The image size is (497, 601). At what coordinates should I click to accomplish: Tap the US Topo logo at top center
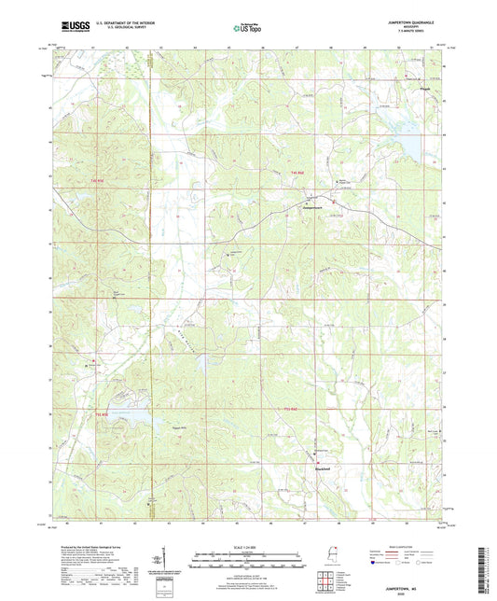pos(247,29)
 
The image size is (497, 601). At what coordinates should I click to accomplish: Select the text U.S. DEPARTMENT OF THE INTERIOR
pos(127,24)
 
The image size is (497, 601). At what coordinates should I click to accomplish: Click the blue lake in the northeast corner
pos(410,147)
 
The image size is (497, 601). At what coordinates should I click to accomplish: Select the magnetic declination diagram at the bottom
pos(165,565)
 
